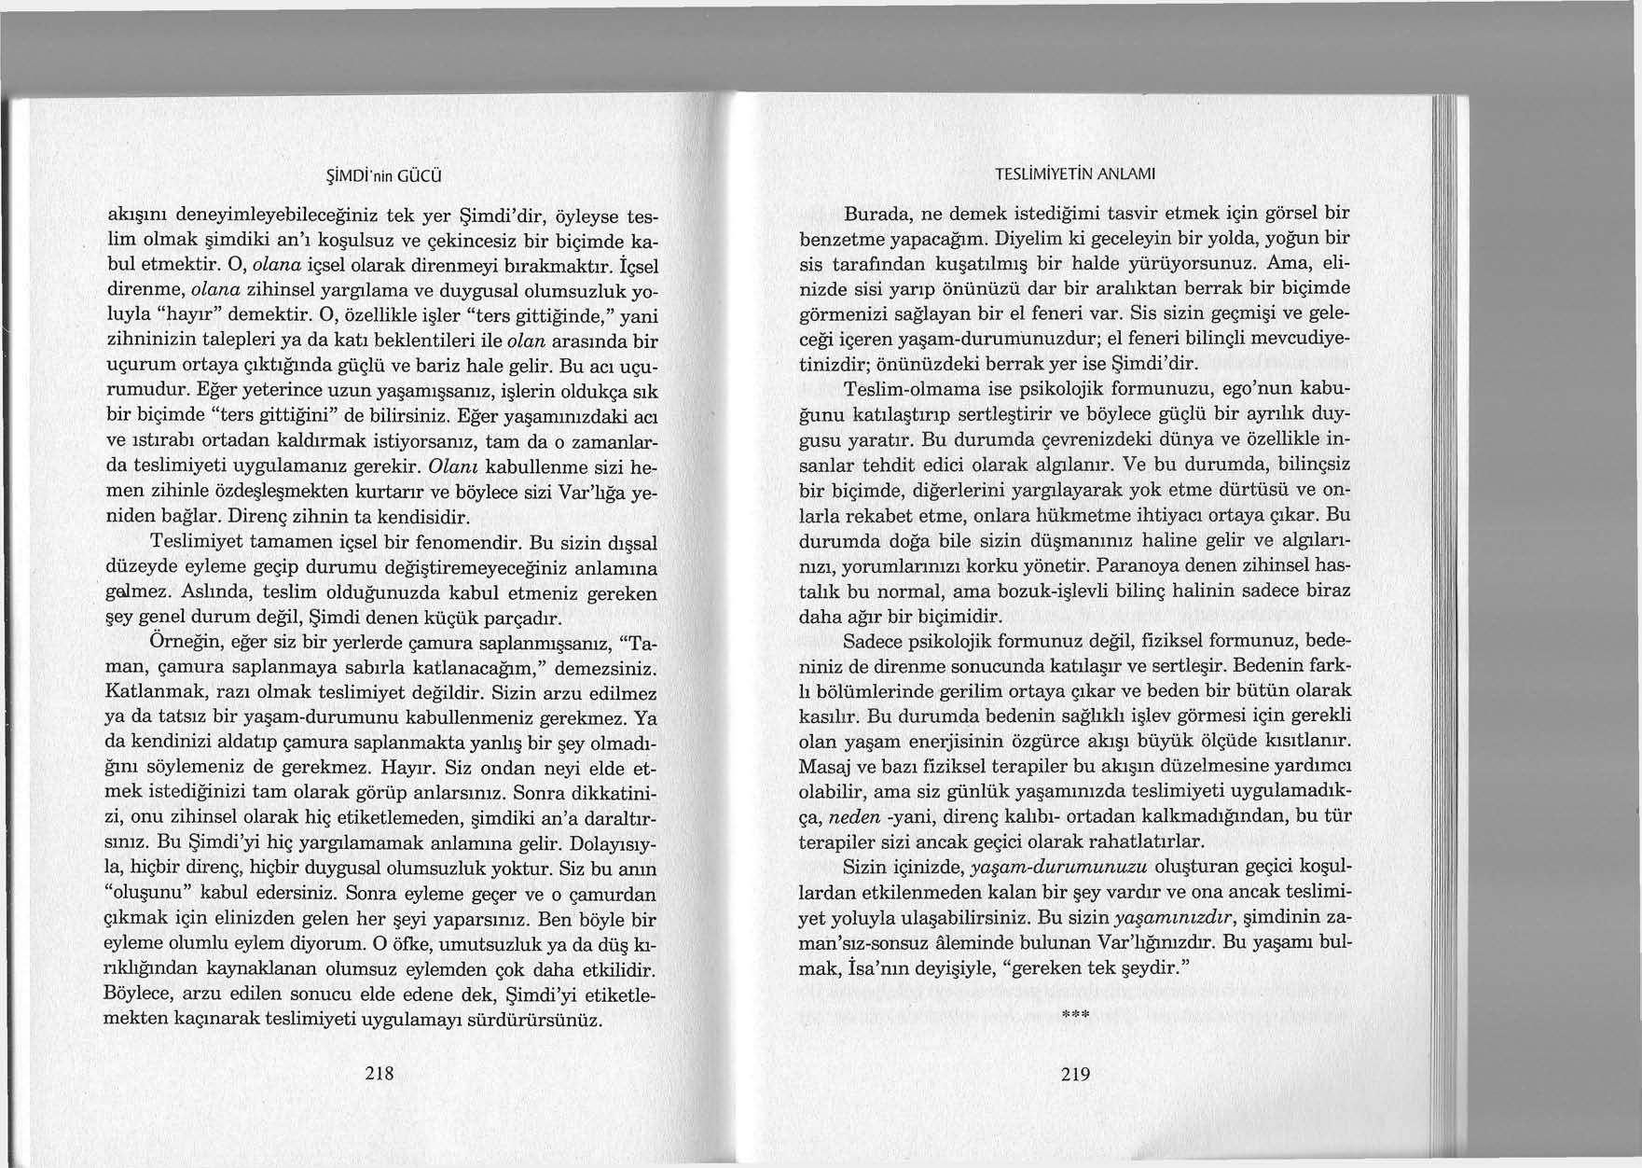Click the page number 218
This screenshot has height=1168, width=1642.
(x=379, y=1074)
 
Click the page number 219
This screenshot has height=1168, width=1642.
(x=1075, y=1074)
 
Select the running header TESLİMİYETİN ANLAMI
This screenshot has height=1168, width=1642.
(x=1075, y=174)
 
